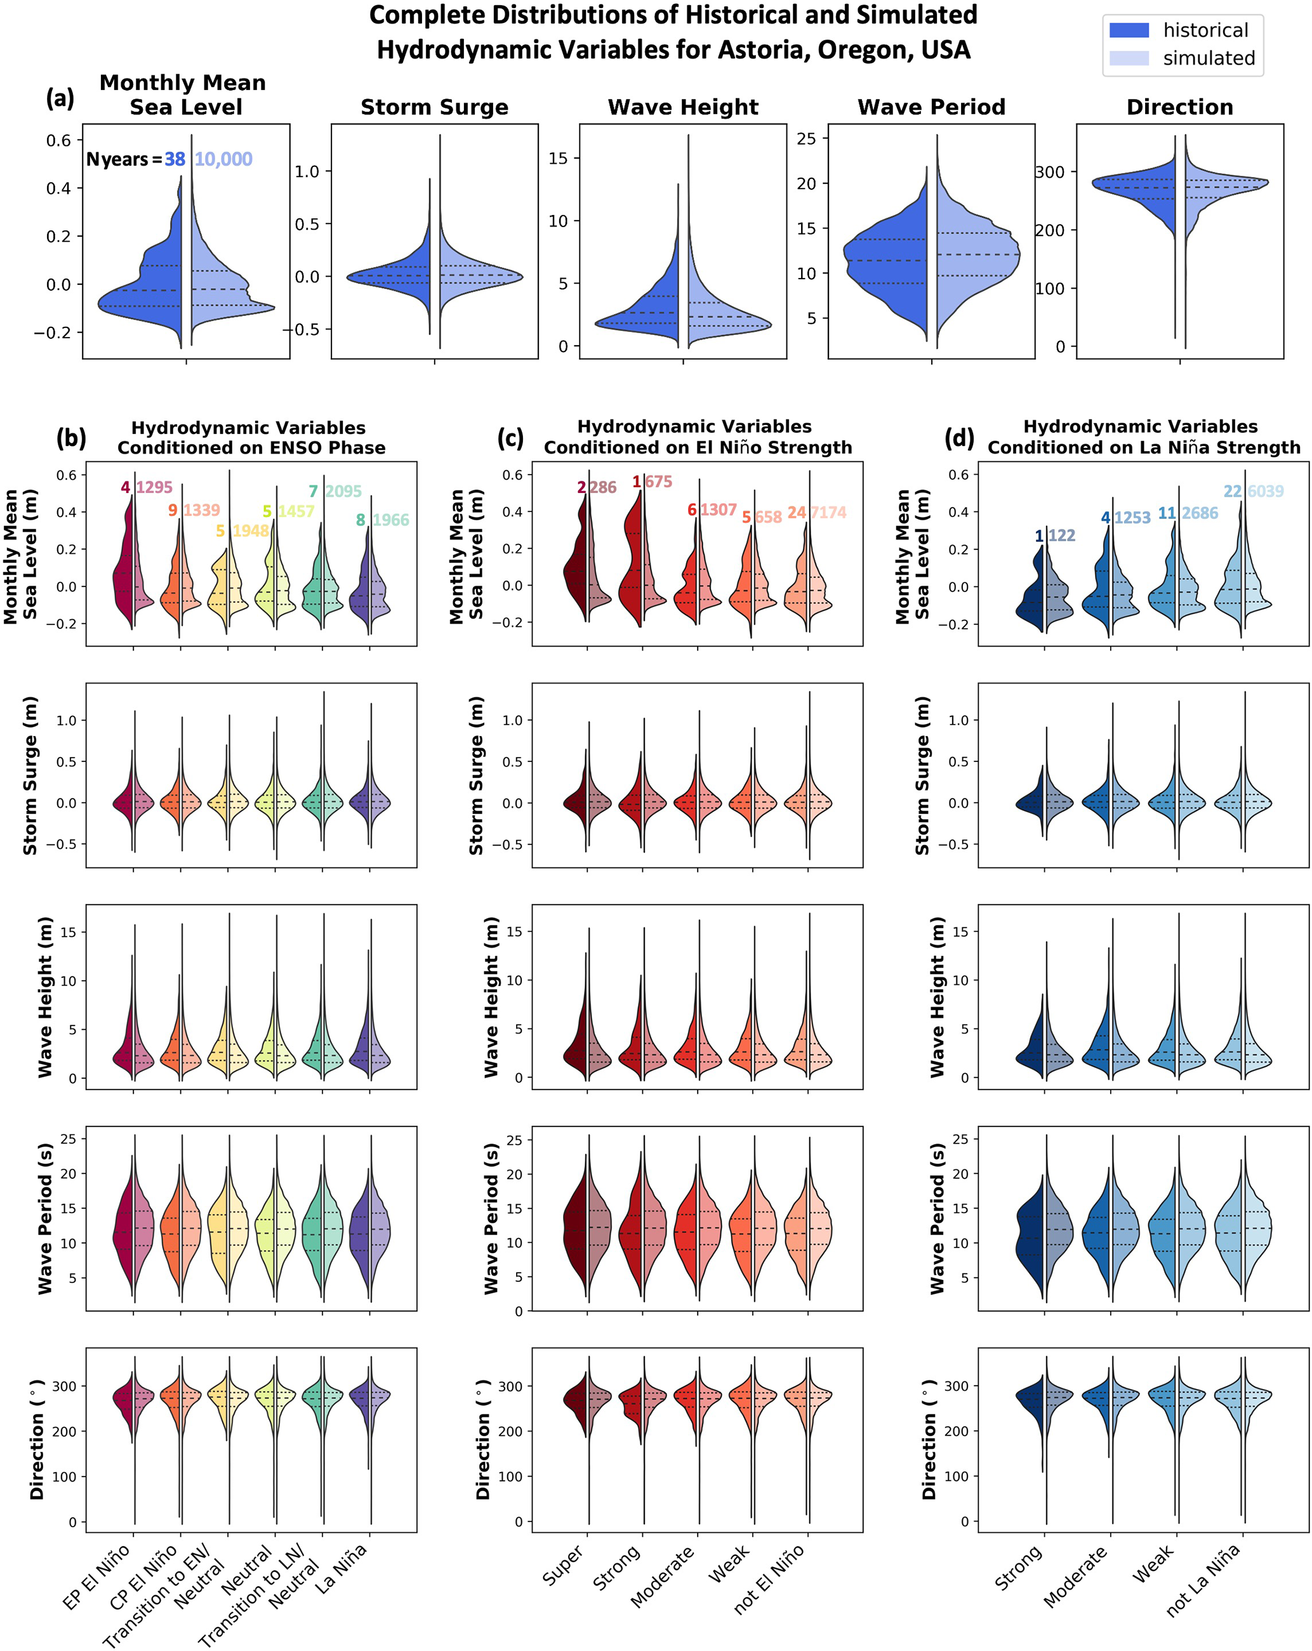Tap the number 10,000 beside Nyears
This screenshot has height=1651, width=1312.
pos(223,159)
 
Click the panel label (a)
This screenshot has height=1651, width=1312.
pos(60,98)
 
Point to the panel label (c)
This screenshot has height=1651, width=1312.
pos(511,437)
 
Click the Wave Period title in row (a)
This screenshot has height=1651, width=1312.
pos(931,107)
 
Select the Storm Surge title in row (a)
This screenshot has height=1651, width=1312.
pos(434,107)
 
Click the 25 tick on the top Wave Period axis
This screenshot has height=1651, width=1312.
pos(807,138)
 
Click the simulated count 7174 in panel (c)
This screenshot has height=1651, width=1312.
pos(829,512)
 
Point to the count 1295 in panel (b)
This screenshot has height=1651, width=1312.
pos(154,488)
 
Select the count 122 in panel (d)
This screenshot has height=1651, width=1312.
pos(1061,536)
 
